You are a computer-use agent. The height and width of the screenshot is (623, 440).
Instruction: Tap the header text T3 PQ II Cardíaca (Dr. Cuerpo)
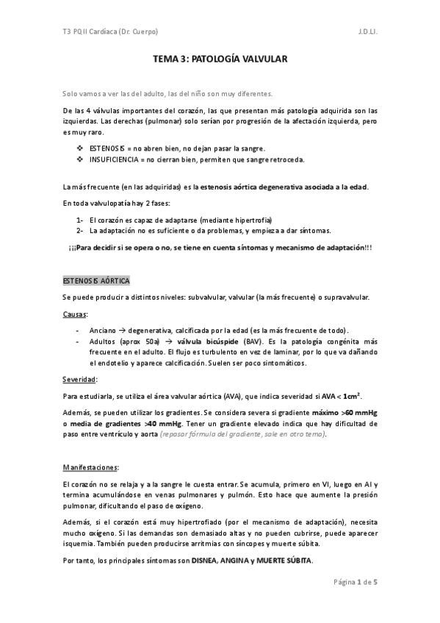point(110,32)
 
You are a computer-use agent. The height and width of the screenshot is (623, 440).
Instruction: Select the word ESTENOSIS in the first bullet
point(107,148)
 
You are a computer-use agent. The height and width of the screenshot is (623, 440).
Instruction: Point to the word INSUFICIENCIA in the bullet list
point(112,159)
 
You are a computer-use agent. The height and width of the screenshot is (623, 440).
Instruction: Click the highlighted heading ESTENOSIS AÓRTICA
point(96,281)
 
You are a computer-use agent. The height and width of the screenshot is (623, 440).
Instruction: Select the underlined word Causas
point(76,314)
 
